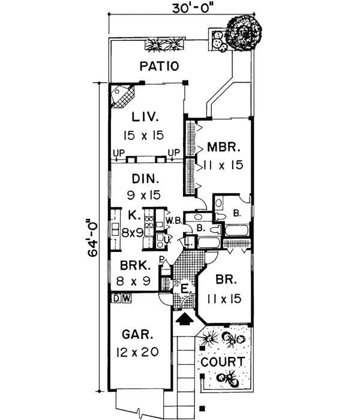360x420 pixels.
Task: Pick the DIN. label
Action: point(145,178)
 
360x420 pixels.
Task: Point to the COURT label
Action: point(223,362)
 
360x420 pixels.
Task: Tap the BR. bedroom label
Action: point(224,280)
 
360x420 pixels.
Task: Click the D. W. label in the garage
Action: point(122,298)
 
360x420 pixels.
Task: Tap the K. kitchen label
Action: point(133,214)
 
